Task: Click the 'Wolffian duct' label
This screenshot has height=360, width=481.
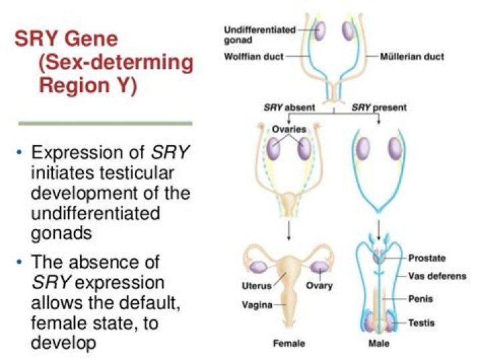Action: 253,56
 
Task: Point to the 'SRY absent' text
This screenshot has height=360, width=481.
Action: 282,108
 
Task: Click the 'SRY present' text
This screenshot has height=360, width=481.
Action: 379,108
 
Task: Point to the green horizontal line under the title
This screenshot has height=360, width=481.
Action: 105,124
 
